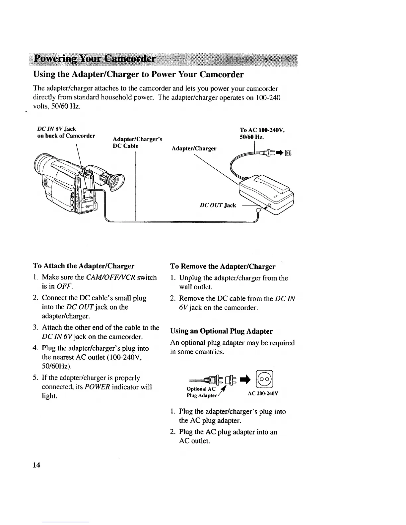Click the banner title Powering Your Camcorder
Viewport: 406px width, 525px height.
point(96,59)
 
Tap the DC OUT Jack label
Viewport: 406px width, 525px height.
point(218,205)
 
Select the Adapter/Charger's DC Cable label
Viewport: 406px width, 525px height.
point(137,143)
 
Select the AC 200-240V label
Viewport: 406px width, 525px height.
point(263,393)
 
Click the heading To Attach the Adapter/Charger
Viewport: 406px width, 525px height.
point(84,266)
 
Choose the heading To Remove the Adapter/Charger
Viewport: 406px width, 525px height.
point(223,266)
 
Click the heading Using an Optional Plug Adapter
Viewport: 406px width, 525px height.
point(221,331)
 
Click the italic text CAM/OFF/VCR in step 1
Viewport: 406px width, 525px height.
point(111,277)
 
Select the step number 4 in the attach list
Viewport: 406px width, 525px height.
point(35,348)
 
